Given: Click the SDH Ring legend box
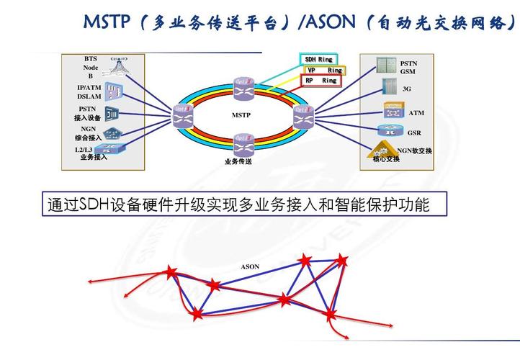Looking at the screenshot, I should point(318,59).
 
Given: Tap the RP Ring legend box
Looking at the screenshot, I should point(320,81).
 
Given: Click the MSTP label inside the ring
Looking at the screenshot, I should point(241,115).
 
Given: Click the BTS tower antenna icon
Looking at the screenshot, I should point(116,67).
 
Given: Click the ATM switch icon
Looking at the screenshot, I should point(393,111).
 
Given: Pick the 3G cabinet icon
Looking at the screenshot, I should point(389,89).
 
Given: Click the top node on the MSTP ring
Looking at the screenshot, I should point(243,86).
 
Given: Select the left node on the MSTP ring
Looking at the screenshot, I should point(180,113).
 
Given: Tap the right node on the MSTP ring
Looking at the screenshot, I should point(301,113).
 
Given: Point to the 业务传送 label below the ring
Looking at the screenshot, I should point(238,161).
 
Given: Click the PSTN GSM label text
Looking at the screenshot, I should point(408,68).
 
